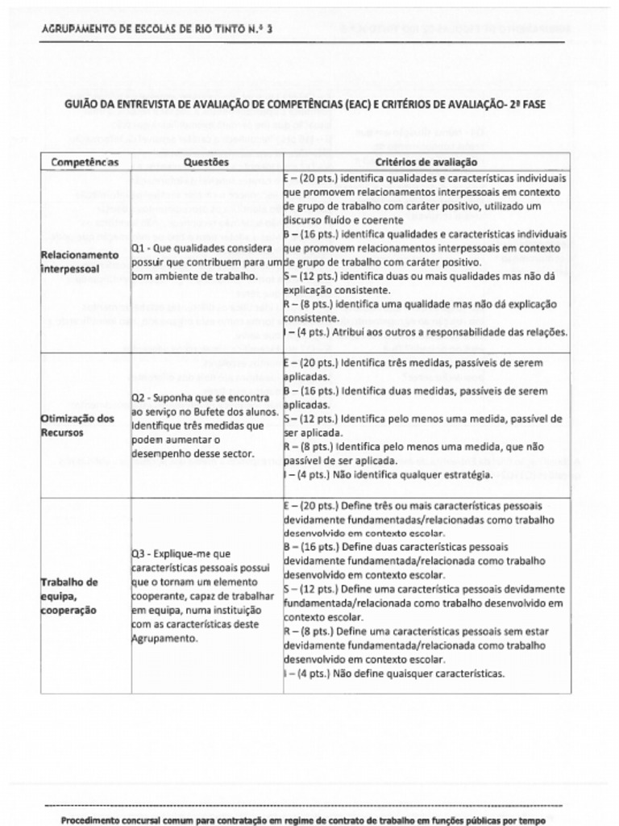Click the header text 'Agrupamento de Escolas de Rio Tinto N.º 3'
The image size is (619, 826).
pyautogui.click(x=157, y=29)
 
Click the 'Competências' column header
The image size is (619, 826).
pyautogui.click(x=85, y=162)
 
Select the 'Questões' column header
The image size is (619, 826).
pyautogui.click(x=206, y=162)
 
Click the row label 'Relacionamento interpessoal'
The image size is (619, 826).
pyautogui.click(x=79, y=261)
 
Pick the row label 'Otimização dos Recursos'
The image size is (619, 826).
pyautogui.click(x=77, y=425)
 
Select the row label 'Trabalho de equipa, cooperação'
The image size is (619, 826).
pyautogui.click(x=71, y=596)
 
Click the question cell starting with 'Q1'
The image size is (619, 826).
pyautogui.click(x=206, y=262)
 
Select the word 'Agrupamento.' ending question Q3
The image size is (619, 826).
pyautogui.click(x=164, y=639)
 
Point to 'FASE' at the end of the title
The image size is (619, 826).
pyautogui.click(x=533, y=106)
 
